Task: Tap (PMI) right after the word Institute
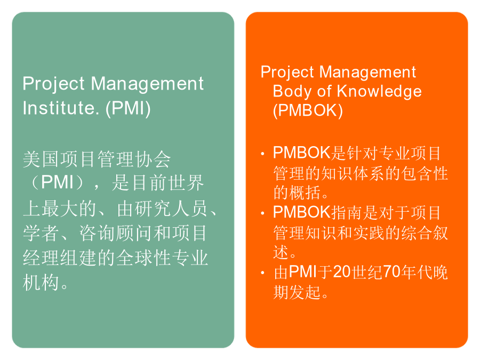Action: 128,108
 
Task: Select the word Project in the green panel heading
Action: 53,84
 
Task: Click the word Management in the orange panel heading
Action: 367,72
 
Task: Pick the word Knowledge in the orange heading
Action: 379,91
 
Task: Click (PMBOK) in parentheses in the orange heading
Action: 308,110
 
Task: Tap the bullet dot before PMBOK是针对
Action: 262,154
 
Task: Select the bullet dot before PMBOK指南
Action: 262,213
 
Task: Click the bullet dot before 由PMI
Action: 262,273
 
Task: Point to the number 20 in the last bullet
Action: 342,272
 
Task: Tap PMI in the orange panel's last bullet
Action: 303,272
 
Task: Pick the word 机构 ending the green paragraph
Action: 41,282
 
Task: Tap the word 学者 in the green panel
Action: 41,233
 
